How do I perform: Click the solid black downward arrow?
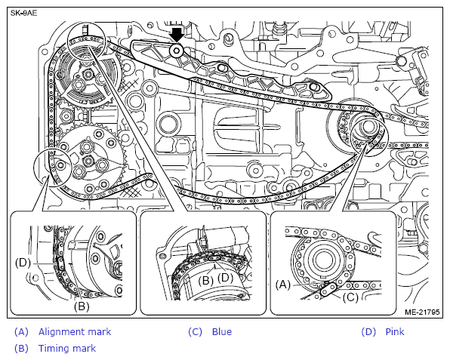point(176,35)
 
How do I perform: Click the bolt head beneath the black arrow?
point(176,51)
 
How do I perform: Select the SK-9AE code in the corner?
point(24,13)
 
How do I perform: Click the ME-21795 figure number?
point(422,312)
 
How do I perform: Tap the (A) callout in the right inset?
point(283,285)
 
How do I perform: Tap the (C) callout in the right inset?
point(350,297)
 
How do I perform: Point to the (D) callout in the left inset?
point(23,263)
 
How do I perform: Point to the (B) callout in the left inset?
point(82,306)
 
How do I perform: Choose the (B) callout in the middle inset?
point(205,280)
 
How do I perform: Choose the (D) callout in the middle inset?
point(225,278)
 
